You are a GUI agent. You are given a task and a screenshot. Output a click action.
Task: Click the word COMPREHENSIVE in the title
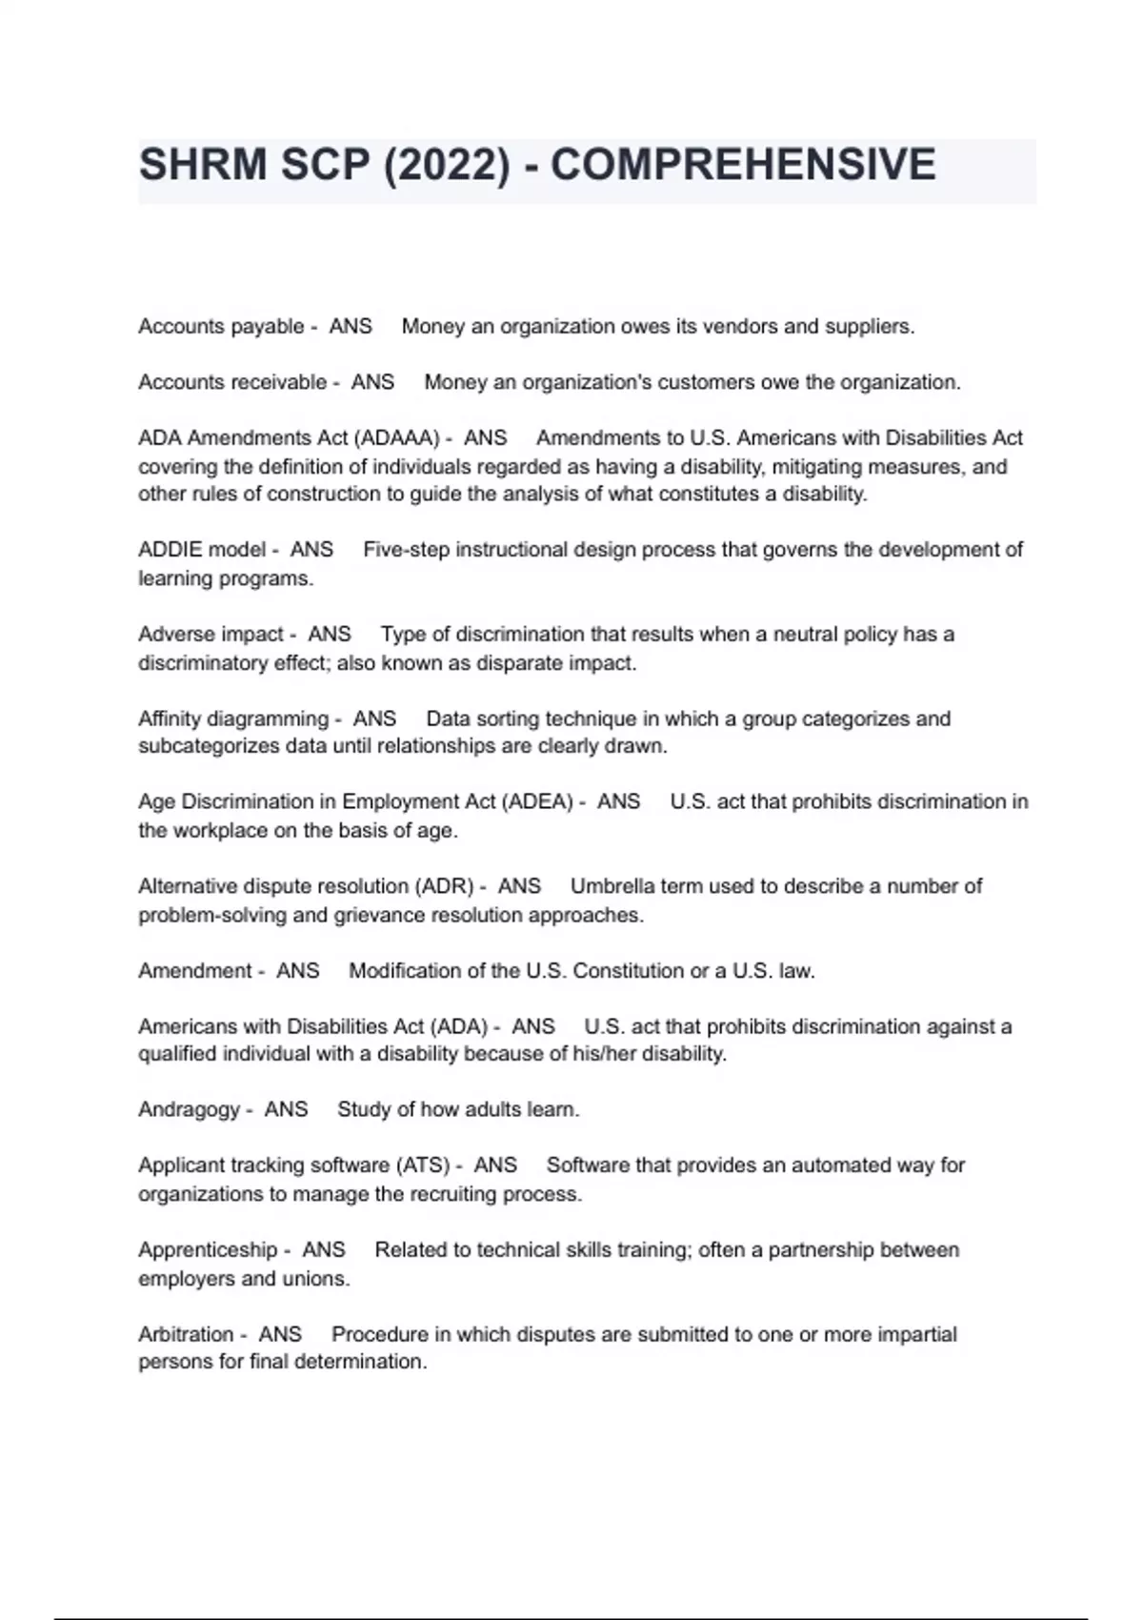pyautogui.click(x=743, y=165)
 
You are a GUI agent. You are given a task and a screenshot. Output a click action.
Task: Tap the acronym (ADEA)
pyautogui.click(x=536, y=801)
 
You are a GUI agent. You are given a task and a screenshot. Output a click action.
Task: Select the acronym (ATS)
pyautogui.click(x=424, y=1165)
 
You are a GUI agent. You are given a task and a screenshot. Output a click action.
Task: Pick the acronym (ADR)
pyautogui.click(x=444, y=886)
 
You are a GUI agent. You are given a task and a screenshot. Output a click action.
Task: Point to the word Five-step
pyautogui.click(x=407, y=550)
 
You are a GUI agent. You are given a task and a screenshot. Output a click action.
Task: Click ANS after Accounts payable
pyautogui.click(x=351, y=326)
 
